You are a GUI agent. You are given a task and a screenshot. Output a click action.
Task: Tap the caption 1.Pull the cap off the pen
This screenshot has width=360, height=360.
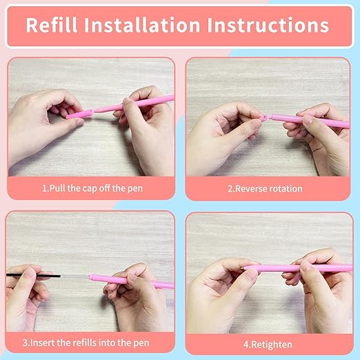[x=90, y=188]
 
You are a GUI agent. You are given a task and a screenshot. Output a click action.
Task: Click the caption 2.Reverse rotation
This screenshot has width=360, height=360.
[x=268, y=188]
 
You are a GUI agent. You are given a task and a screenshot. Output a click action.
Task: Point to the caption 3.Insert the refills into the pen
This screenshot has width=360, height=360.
[x=90, y=341]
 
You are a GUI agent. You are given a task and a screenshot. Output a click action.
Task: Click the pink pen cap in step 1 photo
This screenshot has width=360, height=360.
[x=81, y=113]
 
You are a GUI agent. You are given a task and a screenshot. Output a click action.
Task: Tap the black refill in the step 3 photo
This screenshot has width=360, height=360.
[x=34, y=275]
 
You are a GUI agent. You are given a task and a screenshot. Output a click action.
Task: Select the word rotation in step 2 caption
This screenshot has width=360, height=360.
[x=285, y=188]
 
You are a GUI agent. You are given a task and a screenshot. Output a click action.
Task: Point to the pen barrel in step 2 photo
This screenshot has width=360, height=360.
[x=310, y=121]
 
